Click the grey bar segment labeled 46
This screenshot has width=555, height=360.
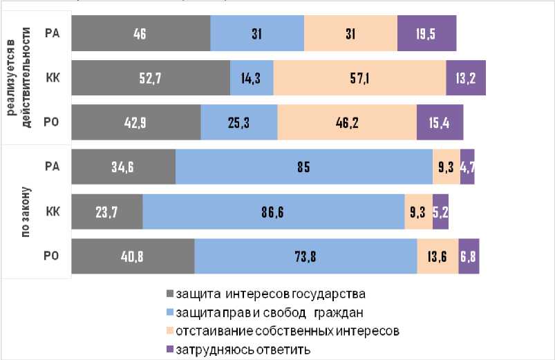140,33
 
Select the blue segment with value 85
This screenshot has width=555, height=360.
304,167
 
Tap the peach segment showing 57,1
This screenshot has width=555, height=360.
359,77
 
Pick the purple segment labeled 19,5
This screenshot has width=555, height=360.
426,33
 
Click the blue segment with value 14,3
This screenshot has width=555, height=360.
252,77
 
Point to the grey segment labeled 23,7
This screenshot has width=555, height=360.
107,211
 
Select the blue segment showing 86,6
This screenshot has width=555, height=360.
274,211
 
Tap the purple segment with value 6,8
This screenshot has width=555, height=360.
469,256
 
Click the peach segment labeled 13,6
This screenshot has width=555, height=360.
438,256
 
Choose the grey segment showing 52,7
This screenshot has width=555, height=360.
151,77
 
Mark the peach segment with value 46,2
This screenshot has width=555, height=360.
347,122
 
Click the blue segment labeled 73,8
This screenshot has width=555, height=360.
305,256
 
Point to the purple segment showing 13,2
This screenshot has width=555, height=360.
466,77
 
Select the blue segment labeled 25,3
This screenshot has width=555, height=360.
239,122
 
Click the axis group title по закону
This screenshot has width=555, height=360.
26,211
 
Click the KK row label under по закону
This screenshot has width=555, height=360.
52,211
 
